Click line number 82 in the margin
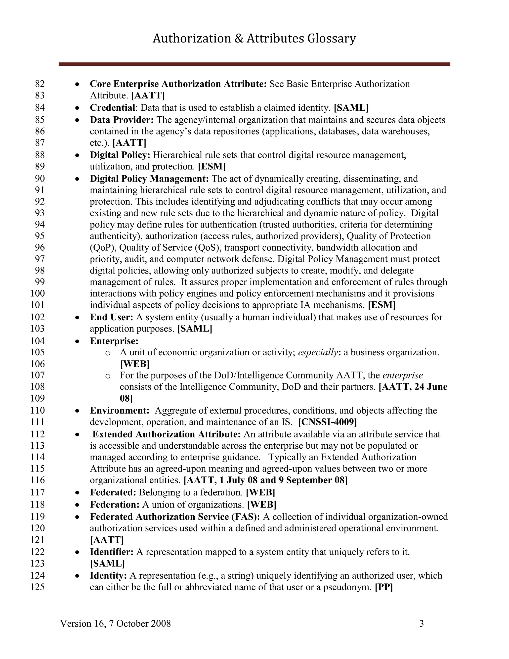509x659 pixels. tap(40, 84)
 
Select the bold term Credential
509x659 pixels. tap(112, 107)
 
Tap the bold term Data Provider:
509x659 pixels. tap(122, 120)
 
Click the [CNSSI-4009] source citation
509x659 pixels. tap(327, 422)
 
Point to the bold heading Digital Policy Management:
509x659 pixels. tap(149, 179)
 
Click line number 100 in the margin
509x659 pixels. tap(37, 293)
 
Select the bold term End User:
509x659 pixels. tap(111, 317)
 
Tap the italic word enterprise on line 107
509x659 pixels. tap(402, 375)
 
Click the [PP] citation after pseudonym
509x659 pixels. tap(383, 587)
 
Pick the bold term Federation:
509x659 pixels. tap(115, 505)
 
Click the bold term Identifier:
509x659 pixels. tap(112, 552)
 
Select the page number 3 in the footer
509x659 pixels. tap(421, 623)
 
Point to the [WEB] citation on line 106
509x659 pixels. tap(134, 364)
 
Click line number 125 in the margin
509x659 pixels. tap(37, 587)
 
